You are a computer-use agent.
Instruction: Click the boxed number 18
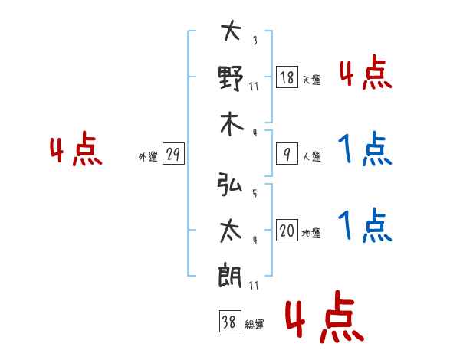[x=287, y=78]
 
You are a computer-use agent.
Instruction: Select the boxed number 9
[x=287, y=154]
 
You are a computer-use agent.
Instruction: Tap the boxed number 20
[x=287, y=231]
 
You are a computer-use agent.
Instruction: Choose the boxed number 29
[x=172, y=155]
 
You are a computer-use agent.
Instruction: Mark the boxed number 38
[x=229, y=322]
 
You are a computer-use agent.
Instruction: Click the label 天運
[x=311, y=80]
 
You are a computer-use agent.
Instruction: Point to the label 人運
[x=311, y=156]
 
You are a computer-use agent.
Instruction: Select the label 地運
[x=311, y=233]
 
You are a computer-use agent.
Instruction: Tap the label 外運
[x=148, y=157]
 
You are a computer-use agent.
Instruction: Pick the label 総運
[x=254, y=325]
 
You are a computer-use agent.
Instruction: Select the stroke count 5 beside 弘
[x=255, y=194]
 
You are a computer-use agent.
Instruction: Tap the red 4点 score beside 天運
[x=365, y=74]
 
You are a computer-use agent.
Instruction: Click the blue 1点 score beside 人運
[x=365, y=150]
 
